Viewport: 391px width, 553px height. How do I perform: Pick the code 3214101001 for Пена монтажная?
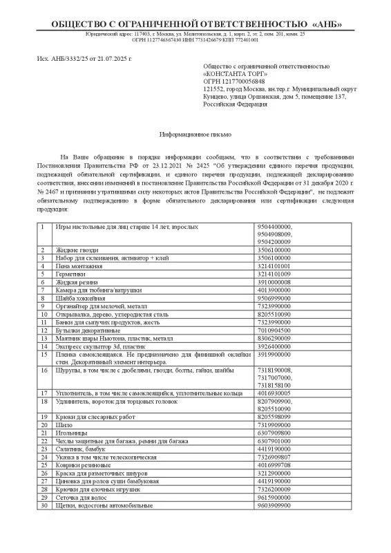click(274, 265)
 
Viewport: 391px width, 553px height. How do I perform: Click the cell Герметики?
click(70, 274)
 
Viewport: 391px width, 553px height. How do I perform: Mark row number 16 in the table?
click(44, 371)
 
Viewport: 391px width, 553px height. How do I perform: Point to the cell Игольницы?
click(71, 433)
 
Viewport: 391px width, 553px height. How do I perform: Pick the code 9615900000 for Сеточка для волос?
click(274, 498)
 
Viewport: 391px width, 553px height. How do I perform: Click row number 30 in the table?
click(44, 507)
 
